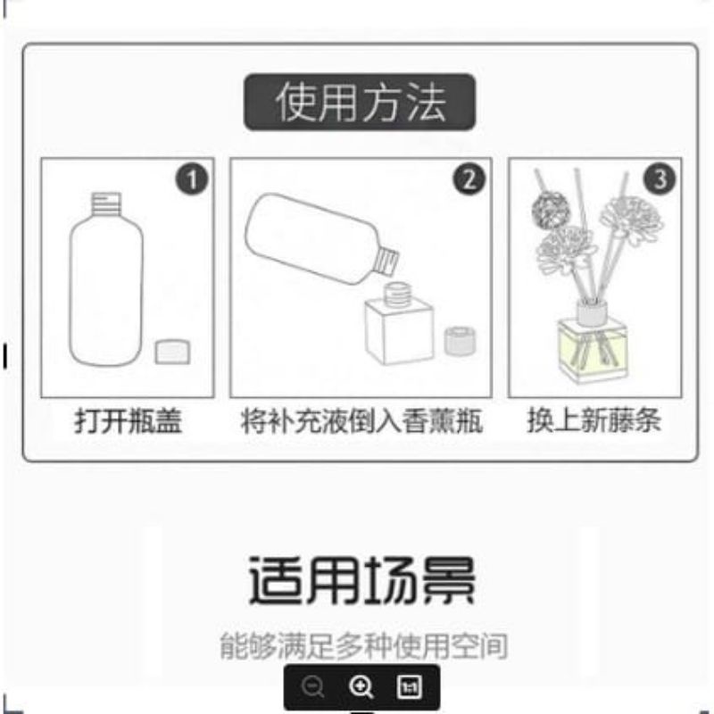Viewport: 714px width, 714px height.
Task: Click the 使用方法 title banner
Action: click(360, 102)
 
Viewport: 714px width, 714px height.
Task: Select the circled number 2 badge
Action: click(469, 179)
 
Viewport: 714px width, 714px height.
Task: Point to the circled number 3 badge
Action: click(660, 179)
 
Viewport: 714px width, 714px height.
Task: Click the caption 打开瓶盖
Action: click(128, 421)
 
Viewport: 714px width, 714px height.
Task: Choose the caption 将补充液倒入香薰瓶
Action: click(361, 421)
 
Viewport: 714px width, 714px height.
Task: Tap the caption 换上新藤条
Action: click(594, 421)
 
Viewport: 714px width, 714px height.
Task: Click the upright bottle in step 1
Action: click(105, 290)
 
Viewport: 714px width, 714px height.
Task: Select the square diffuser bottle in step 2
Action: click(400, 328)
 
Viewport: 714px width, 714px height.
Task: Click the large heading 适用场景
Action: click(361, 580)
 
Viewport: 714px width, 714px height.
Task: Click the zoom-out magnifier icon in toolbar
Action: click(312, 687)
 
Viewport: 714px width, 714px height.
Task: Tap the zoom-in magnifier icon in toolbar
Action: click(361, 687)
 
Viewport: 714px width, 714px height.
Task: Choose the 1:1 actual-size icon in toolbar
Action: click(410, 687)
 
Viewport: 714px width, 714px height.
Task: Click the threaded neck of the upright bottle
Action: click(106, 200)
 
